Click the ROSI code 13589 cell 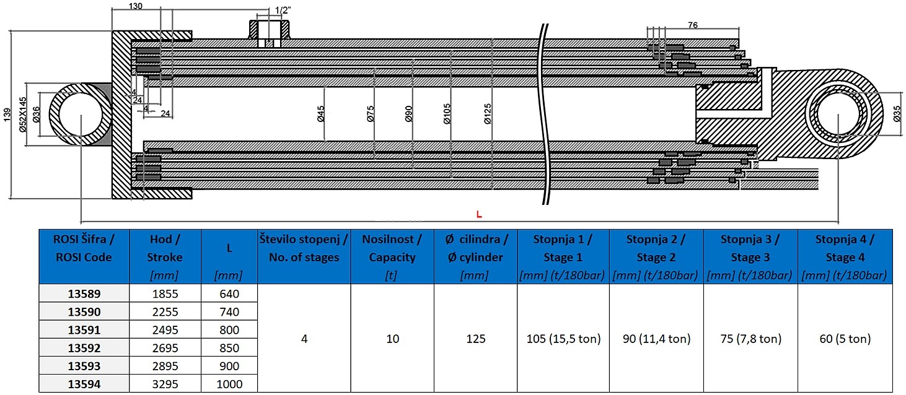pyautogui.click(x=84, y=294)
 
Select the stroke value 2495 pyautogui.click(x=165, y=330)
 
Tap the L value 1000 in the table pyautogui.click(x=229, y=384)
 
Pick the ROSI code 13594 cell pyautogui.click(x=84, y=384)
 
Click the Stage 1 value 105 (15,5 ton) pyautogui.click(x=563, y=339)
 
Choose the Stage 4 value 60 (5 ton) pyautogui.click(x=845, y=339)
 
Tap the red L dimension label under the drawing pyautogui.click(x=479, y=214)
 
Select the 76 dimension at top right pyautogui.click(x=692, y=25)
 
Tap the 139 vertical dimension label pyautogui.click(x=7, y=115)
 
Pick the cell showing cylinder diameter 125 pyautogui.click(x=475, y=339)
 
